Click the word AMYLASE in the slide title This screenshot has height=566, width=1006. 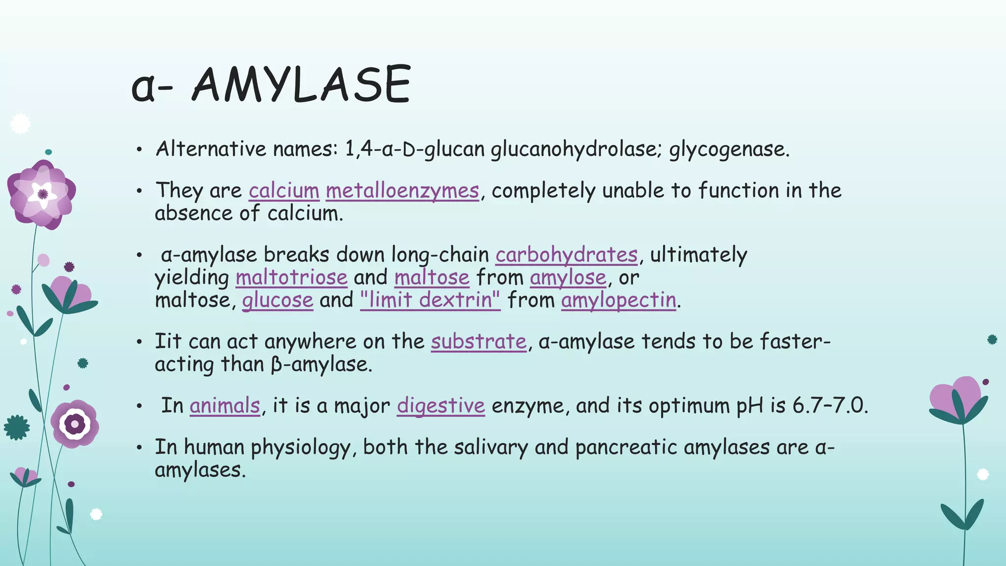(301, 85)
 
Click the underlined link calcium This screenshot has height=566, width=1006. (284, 191)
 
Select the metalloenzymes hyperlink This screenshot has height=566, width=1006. (402, 191)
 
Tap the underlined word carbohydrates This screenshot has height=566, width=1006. (566, 255)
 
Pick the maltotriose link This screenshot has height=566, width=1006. (291, 278)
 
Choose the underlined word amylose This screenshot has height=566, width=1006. (568, 278)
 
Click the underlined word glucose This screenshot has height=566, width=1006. (278, 300)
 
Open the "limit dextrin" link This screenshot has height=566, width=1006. (430, 300)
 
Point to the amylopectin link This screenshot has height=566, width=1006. (618, 300)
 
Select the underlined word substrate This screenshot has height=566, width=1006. (478, 341)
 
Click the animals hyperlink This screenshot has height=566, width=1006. (224, 406)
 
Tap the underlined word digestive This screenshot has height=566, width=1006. (441, 406)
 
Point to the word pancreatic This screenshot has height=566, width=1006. (625, 447)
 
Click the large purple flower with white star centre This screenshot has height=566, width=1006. (42, 194)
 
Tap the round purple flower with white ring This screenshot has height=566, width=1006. (75, 424)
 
